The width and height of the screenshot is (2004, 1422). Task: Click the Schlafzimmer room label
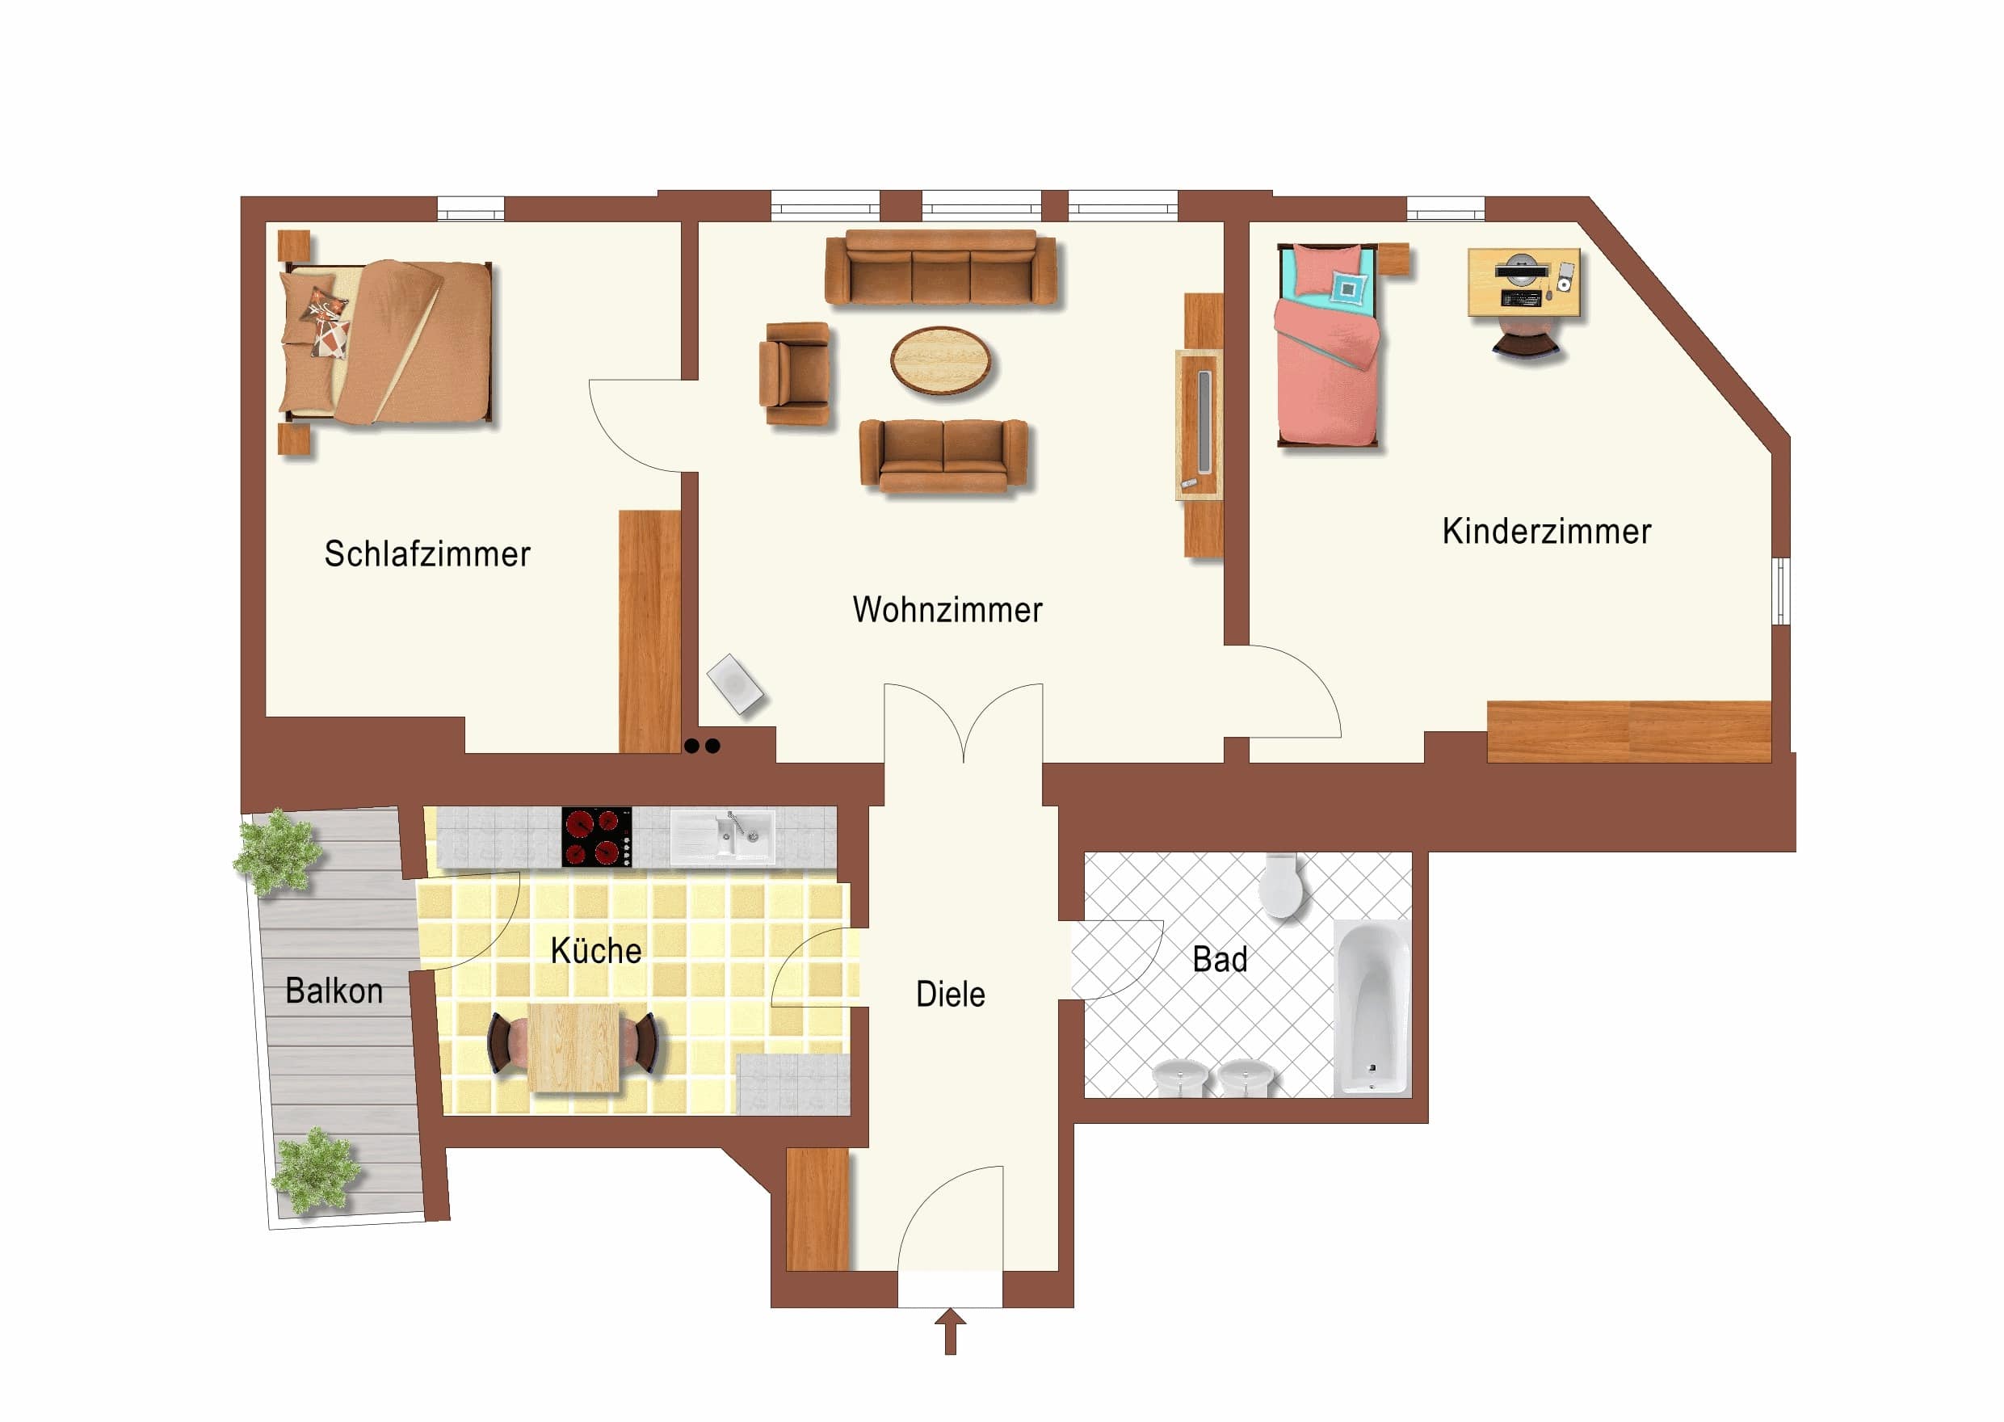click(x=427, y=554)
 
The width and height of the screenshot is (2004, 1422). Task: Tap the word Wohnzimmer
click(x=947, y=610)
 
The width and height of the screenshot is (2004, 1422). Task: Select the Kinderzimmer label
click(x=1546, y=532)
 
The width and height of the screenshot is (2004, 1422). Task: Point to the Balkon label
click(x=334, y=991)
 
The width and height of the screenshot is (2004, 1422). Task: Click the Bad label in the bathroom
click(x=1220, y=960)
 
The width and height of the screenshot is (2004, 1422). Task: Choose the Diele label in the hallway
click(x=950, y=995)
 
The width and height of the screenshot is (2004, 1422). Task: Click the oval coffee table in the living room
click(x=941, y=361)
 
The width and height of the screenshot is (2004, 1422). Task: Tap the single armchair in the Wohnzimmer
click(x=794, y=374)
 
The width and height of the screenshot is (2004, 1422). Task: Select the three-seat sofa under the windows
click(x=941, y=267)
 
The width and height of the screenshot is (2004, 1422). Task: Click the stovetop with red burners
click(x=596, y=837)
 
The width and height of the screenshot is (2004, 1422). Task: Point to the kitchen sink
click(x=722, y=836)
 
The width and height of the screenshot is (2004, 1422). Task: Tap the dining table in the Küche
click(x=573, y=1047)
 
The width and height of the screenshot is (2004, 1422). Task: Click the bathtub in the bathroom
click(x=1371, y=1008)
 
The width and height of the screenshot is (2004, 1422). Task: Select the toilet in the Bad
click(x=1281, y=886)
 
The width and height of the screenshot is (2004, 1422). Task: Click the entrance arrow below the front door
click(x=950, y=1332)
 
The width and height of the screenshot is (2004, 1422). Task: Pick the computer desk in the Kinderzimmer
click(x=1524, y=282)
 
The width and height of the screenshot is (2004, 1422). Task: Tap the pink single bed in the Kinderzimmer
click(x=1328, y=345)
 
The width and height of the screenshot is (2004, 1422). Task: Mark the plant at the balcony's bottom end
click(x=315, y=1170)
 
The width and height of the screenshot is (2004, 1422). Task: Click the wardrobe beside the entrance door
click(x=817, y=1210)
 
